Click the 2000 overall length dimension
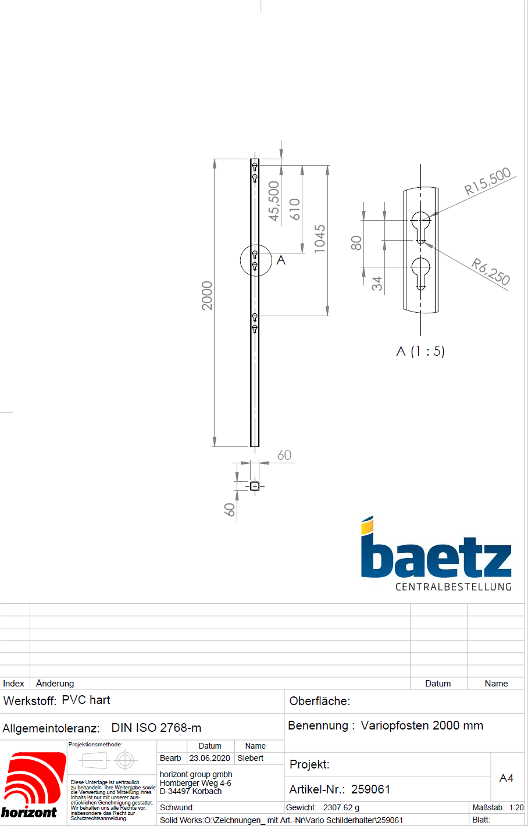pos(207,296)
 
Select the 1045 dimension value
pos(319,238)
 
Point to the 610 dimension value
pos(294,209)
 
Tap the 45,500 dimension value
pos(273,201)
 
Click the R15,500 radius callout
pos(487,181)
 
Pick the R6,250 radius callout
pos(491,271)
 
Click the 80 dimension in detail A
pos(356,243)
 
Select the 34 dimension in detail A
pos(377,284)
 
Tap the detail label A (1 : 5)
pos(420,351)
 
